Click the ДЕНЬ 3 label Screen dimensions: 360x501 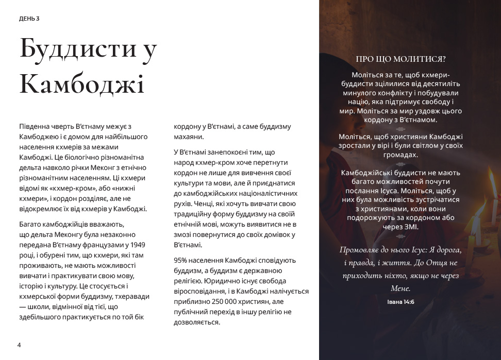(29, 19)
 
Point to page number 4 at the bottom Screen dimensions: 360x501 (19, 345)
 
